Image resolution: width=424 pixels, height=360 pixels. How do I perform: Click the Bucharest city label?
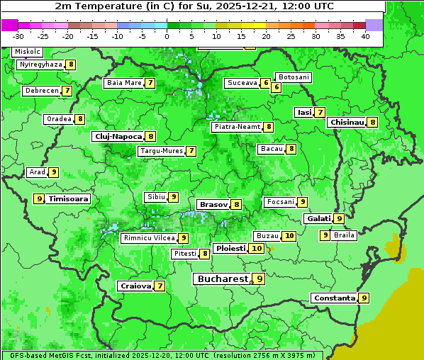tap(223, 279)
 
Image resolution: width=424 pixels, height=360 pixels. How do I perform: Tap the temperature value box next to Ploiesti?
tap(257, 249)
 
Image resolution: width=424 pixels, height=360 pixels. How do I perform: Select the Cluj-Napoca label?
tap(118, 136)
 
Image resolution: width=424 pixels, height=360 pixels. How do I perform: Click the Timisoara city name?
tap(69, 199)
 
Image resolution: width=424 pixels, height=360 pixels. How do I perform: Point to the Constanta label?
tap(334, 298)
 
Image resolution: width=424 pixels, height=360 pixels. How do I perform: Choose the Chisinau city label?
tap(347, 122)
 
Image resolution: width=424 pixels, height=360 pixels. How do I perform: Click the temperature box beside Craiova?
tap(160, 286)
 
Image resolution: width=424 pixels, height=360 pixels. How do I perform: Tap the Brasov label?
tap(213, 204)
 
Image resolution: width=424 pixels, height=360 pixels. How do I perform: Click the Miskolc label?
tap(28, 52)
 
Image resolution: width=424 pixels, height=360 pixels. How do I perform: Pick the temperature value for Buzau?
tap(289, 235)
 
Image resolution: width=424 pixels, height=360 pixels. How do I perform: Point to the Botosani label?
tap(294, 77)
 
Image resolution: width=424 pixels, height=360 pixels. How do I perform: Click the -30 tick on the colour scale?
tap(18, 35)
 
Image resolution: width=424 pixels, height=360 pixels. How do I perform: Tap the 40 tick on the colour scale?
tap(365, 35)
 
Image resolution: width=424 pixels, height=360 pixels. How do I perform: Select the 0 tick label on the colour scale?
tap(167, 35)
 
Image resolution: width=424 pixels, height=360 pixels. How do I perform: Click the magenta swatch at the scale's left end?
tap(10, 25)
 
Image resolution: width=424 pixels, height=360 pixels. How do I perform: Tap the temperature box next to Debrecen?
tap(67, 91)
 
